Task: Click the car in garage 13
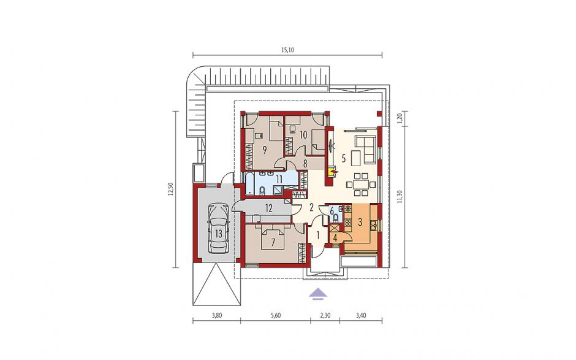(219, 228)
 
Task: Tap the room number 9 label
(265, 150)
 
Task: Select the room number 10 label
(303, 135)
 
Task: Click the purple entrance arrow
(317, 294)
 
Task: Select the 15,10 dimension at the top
(287, 50)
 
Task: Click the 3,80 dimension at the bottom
(217, 315)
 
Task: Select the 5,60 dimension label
(276, 315)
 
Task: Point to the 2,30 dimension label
(325, 315)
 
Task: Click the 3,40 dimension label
(361, 315)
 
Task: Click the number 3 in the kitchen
(360, 222)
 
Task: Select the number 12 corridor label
(269, 209)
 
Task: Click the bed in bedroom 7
(273, 237)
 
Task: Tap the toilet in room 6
(335, 218)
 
